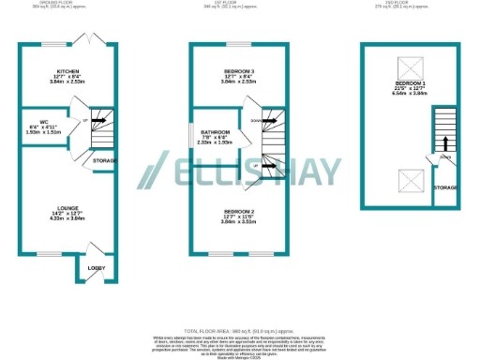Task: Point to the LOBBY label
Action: pos(96,267)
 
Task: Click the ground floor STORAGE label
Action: pos(105,162)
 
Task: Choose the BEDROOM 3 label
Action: pos(225,71)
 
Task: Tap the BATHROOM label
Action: pos(215,137)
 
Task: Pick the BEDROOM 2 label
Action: pos(225,212)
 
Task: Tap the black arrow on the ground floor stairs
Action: pos(97,121)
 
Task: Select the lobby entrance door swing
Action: pos(95,249)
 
